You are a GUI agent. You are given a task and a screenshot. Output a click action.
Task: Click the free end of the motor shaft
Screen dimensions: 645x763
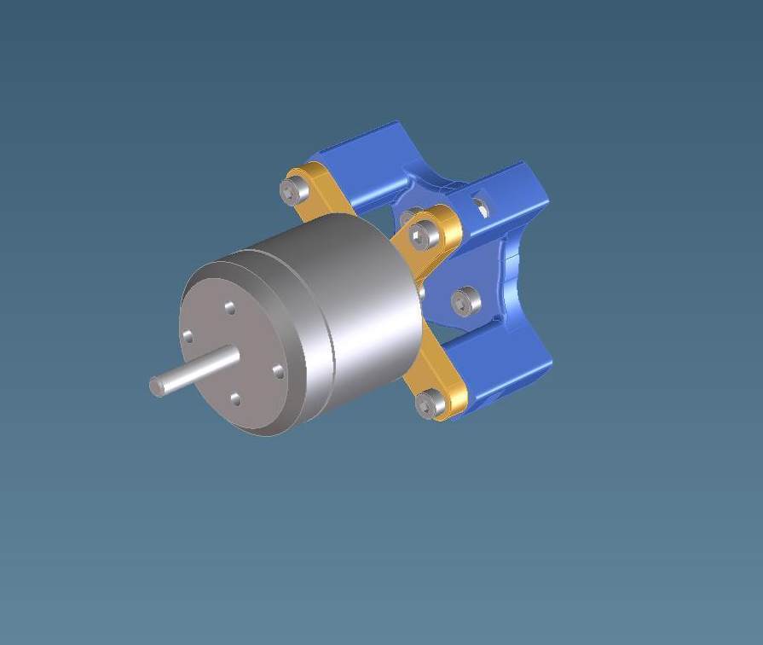pyautogui.click(x=157, y=386)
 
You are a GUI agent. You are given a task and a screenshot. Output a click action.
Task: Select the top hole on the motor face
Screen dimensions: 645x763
pyautogui.click(x=229, y=307)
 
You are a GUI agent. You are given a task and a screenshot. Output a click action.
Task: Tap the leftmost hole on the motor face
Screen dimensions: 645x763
pyautogui.click(x=187, y=337)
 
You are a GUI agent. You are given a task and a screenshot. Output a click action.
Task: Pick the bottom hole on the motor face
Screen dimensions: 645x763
pyautogui.click(x=235, y=399)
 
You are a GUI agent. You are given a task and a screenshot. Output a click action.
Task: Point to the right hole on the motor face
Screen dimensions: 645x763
pyautogui.click(x=277, y=370)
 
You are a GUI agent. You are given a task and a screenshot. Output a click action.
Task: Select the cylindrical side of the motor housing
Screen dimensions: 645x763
pyautogui.click(x=367, y=307)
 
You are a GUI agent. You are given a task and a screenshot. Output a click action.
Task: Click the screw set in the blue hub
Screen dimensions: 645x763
pyautogui.click(x=464, y=299)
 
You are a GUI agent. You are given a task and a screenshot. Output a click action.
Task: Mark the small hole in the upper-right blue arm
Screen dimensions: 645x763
pyautogui.click(x=483, y=206)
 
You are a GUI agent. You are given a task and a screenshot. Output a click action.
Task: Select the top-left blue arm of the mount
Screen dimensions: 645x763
pyautogui.click(x=367, y=162)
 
